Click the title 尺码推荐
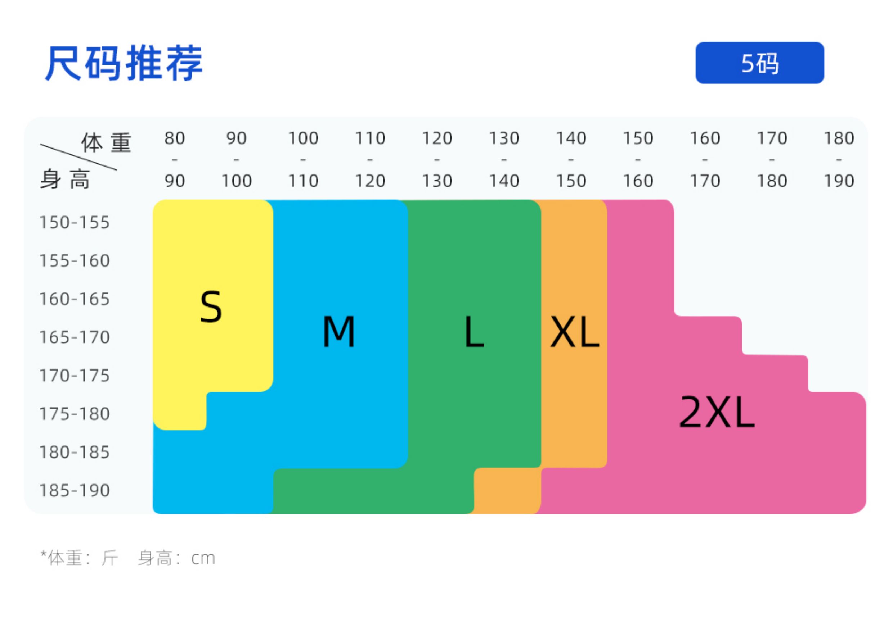[124, 63]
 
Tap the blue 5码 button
[759, 63]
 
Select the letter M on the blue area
[339, 331]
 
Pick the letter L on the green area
[474, 332]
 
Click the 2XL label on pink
[717, 412]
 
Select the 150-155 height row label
[75, 222]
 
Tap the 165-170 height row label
[75, 337]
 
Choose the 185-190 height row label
[75, 490]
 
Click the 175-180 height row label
[75, 414]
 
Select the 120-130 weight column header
[437, 159]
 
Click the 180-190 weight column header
[839, 159]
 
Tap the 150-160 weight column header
[638, 159]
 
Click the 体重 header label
[106, 142]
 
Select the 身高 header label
[65, 180]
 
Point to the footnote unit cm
[203, 558]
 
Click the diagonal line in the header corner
[78, 157]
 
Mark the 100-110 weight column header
[303, 159]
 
